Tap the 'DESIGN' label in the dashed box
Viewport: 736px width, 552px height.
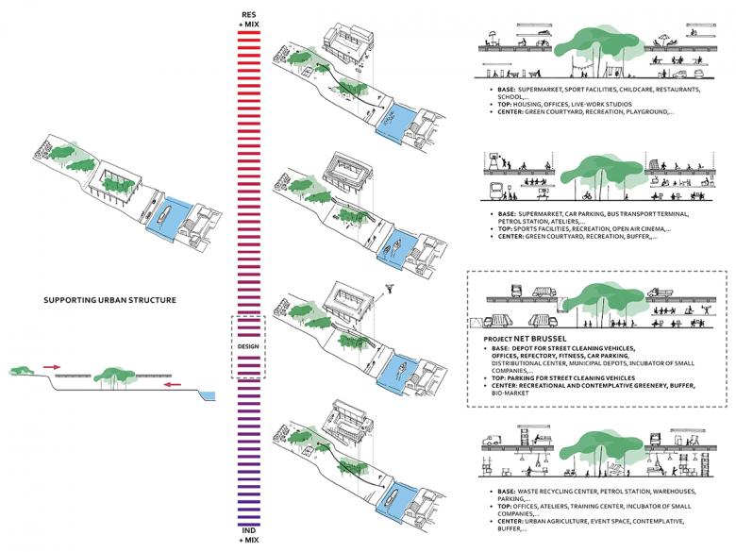[249, 346]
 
